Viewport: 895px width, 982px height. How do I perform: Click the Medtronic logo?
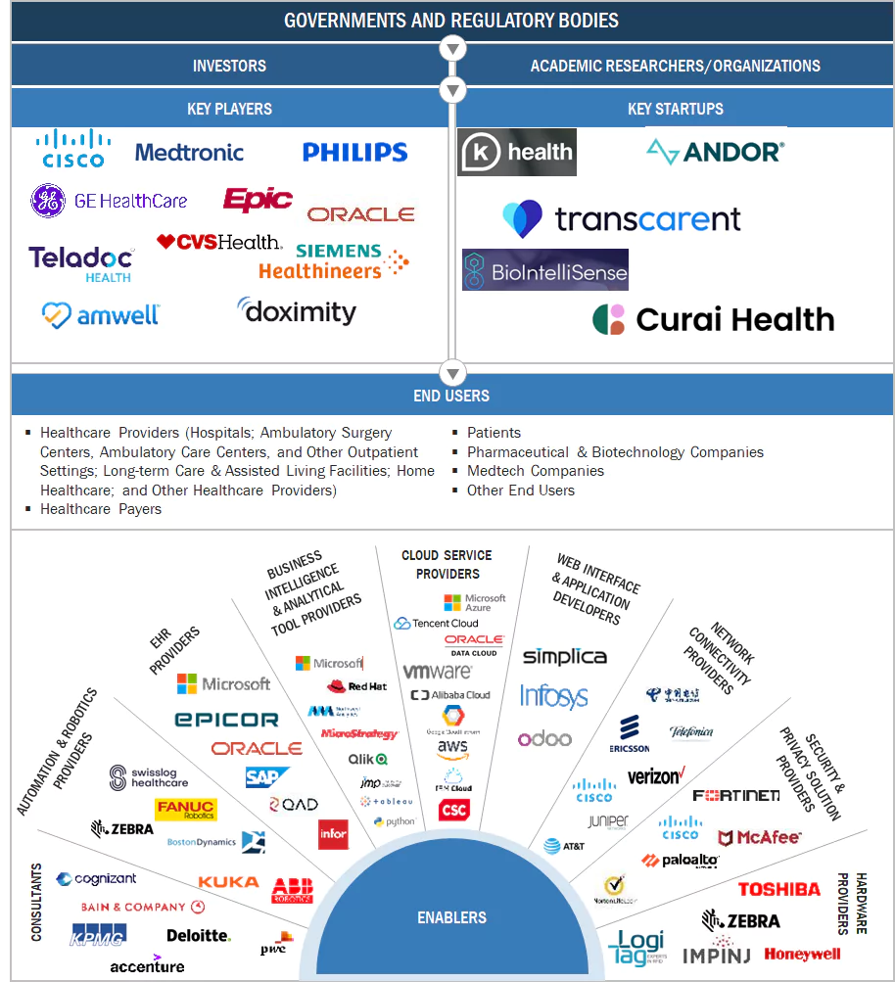click(x=189, y=153)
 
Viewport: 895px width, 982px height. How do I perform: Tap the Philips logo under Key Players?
click(x=354, y=152)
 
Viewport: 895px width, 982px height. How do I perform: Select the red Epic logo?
click(x=258, y=200)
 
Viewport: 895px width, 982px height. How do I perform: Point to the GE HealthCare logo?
click(x=109, y=201)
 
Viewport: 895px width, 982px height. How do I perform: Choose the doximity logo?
click(x=297, y=311)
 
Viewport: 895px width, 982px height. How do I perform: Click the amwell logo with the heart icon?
click(x=100, y=314)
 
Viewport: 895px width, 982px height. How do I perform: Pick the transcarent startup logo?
click(x=622, y=218)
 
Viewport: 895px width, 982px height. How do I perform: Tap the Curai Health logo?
click(x=714, y=319)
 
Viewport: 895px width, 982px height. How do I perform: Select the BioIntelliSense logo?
click(x=545, y=271)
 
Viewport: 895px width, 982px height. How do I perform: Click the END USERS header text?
click(x=451, y=397)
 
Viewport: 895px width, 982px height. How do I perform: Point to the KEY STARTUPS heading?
click(x=675, y=109)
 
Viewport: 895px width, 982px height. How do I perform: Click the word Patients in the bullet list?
click(x=494, y=433)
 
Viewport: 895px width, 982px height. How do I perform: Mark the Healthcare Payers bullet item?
click(x=100, y=509)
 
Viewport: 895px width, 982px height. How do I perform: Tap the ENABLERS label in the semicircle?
click(x=451, y=917)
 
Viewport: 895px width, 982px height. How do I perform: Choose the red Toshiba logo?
click(x=778, y=889)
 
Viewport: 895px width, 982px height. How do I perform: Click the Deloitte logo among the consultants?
click(x=199, y=935)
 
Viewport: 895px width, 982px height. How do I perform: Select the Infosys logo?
click(x=553, y=697)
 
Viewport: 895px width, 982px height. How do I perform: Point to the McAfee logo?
click(x=760, y=837)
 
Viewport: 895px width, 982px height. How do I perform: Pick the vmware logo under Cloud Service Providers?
click(x=438, y=672)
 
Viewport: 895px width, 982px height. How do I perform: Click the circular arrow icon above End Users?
click(x=451, y=373)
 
